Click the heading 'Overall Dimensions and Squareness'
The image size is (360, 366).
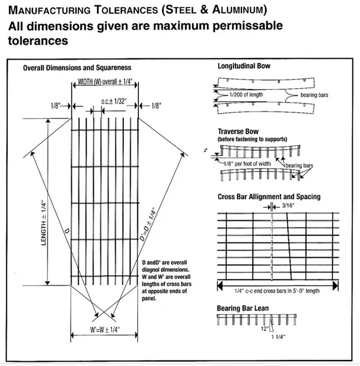tap(77, 67)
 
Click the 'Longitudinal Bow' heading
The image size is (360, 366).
tap(243, 66)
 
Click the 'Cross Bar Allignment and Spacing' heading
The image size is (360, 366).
tap(268, 197)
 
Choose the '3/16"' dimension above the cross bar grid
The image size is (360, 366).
tap(290, 206)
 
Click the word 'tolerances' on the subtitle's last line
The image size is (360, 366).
tap(35, 41)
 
